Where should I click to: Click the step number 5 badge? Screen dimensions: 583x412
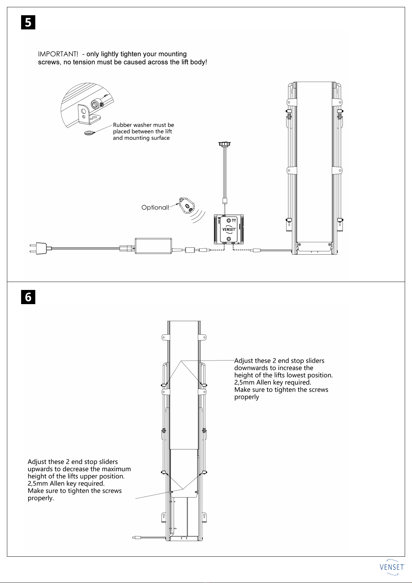tap(28, 22)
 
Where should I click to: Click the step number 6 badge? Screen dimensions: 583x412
tap(28, 297)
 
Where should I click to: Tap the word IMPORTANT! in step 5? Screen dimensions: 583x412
tap(58, 54)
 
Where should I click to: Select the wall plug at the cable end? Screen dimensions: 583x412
tap(39, 248)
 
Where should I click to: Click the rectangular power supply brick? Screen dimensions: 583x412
tap(153, 246)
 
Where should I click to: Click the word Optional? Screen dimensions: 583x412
tap(155, 208)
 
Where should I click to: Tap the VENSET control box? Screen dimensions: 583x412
tap(229, 229)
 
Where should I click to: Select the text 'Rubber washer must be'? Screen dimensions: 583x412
tap(144, 125)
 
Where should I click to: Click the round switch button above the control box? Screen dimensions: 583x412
tap(225, 144)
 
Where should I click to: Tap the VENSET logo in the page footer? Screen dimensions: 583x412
tap(392, 567)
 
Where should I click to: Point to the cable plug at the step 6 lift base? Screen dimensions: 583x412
tap(136, 538)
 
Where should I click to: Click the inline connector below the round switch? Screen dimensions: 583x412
tap(225, 201)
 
